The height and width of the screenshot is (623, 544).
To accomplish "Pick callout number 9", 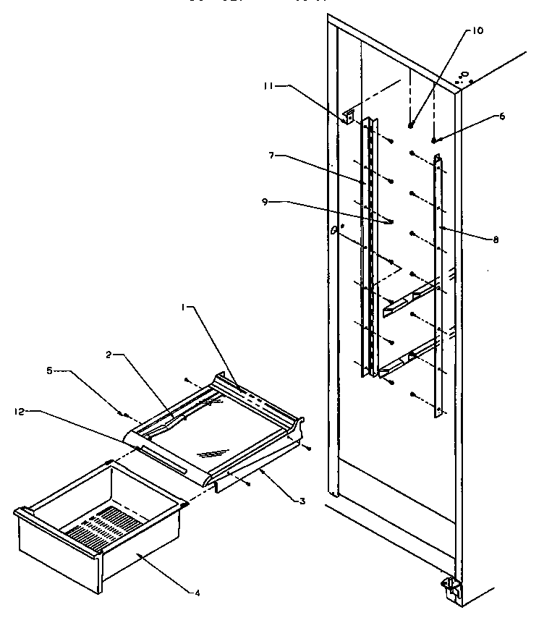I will click(x=265, y=203).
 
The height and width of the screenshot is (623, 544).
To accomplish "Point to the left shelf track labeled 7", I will click(x=368, y=246).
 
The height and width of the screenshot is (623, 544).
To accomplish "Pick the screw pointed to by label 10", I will click(x=410, y=125).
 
